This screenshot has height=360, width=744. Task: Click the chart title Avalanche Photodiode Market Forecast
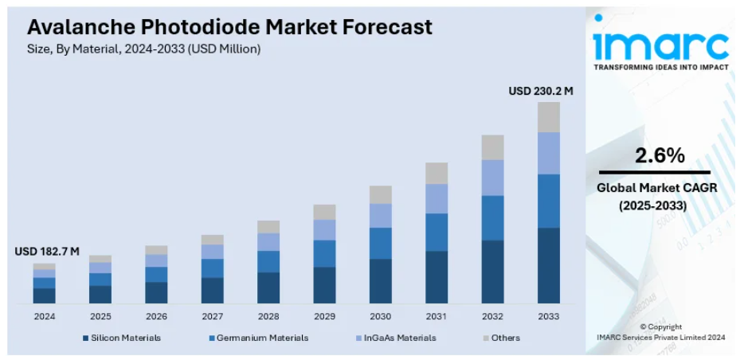click(x=229, y=27)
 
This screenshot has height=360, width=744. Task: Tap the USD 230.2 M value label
click(x=541, y=91)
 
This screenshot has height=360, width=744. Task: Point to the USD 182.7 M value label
click(x=47, y=252)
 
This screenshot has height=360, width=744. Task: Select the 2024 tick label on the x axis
click(x=45, y=316)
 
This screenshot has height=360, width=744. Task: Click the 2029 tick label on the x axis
click(x=324, y=316)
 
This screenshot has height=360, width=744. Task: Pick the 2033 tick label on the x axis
click(x=549, y=316)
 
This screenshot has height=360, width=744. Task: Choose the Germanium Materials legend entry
click(x=258, y=338)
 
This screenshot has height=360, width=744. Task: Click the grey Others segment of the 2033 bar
click(x=549, y=116)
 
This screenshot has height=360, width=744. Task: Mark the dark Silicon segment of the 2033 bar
click(x=549, y=265)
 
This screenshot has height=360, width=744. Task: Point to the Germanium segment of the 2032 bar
click(x=492, y=217)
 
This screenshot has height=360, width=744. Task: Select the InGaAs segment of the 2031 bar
click(x=437, y=198)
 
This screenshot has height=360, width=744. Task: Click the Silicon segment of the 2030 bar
click(x=381, y=280)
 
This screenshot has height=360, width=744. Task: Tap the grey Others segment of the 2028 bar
click(x=268, y=226)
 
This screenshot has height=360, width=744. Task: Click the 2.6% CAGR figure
click(x=660, y=156)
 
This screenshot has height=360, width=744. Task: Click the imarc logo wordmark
click(x=660, y=45)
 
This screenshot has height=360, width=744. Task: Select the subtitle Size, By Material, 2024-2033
click(x=143, y=49)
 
